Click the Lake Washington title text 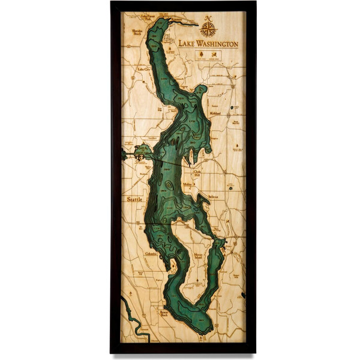(208, 44)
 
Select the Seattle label (136, 199)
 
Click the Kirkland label (215, 113)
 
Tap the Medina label (188, 185)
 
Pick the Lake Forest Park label (148, 18)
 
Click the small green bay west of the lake (143, 151)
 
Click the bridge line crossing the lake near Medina (174, 164)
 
